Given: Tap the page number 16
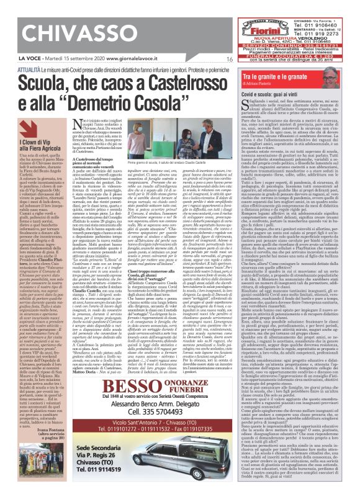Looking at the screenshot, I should pos(230,60).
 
